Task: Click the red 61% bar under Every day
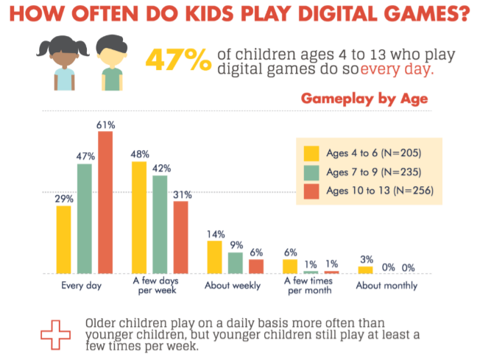tap(105, 202)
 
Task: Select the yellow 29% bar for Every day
tap(64, 239)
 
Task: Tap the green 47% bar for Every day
tap(85, 218)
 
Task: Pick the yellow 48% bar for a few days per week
tap(139, 217)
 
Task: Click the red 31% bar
tap(180, 236)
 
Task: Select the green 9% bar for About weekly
tap(235, 263)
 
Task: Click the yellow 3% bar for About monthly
tap(365, 269)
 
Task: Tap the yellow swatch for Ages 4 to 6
tap(311, 152)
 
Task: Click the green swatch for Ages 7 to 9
tap(311, 172)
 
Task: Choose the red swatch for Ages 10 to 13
tap(311, 191)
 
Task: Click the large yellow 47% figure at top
tap(178, 60)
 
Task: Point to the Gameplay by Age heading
tap(364, 99)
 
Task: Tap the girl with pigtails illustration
tap(62, 62)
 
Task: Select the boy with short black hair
tap(110, 62)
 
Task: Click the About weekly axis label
tap(234, 286)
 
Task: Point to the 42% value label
tap(160, 167)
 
